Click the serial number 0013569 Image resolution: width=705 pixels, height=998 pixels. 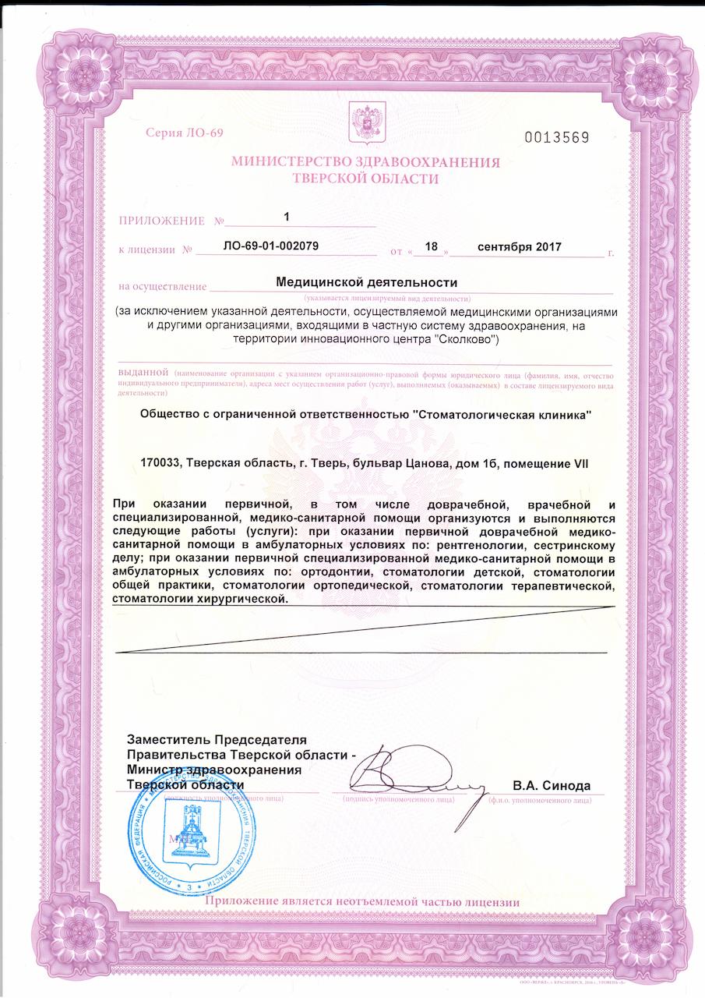(x=556, y=138)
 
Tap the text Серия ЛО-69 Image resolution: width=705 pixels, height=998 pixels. (x=184, y=133)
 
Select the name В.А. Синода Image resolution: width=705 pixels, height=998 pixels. (x=552, y=786)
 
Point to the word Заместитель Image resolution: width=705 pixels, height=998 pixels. (x=169, y=739)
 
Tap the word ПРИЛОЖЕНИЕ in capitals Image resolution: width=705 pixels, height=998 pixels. (x=162, y=221)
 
